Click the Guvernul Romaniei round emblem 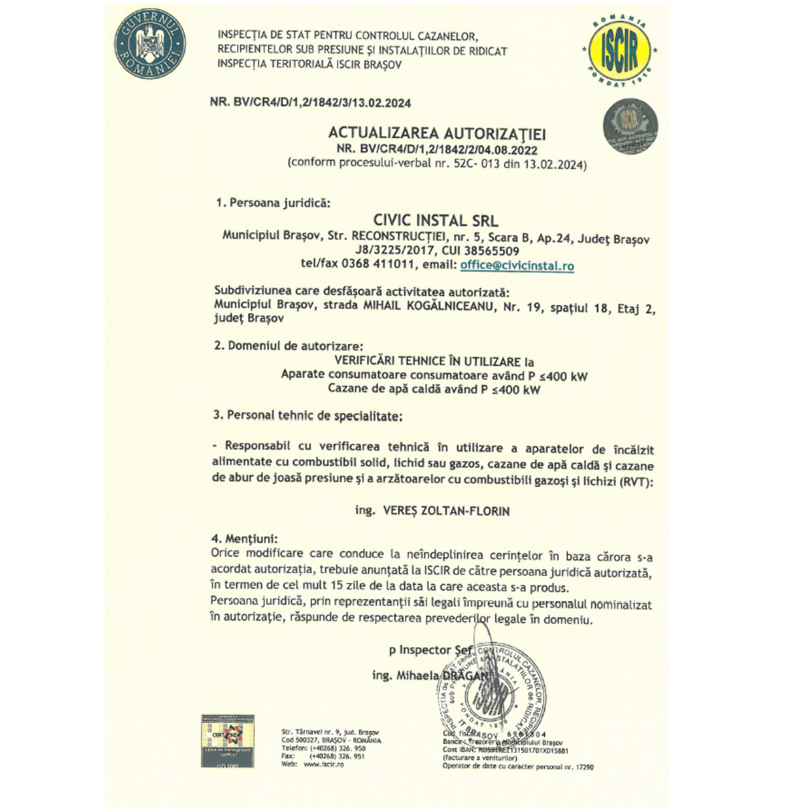coord(150,44)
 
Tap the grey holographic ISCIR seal coord(629,126)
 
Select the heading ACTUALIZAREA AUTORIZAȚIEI coord(436,133)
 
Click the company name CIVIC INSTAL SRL coord(435,221)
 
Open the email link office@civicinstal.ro coord(517,265)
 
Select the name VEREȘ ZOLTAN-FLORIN coord(446,511)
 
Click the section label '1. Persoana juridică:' coord(273,203)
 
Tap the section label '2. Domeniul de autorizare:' coord(287,346)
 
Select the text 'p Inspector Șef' coord(431,650)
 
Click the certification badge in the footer coord(227,740)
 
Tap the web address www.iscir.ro coord(323,764)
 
